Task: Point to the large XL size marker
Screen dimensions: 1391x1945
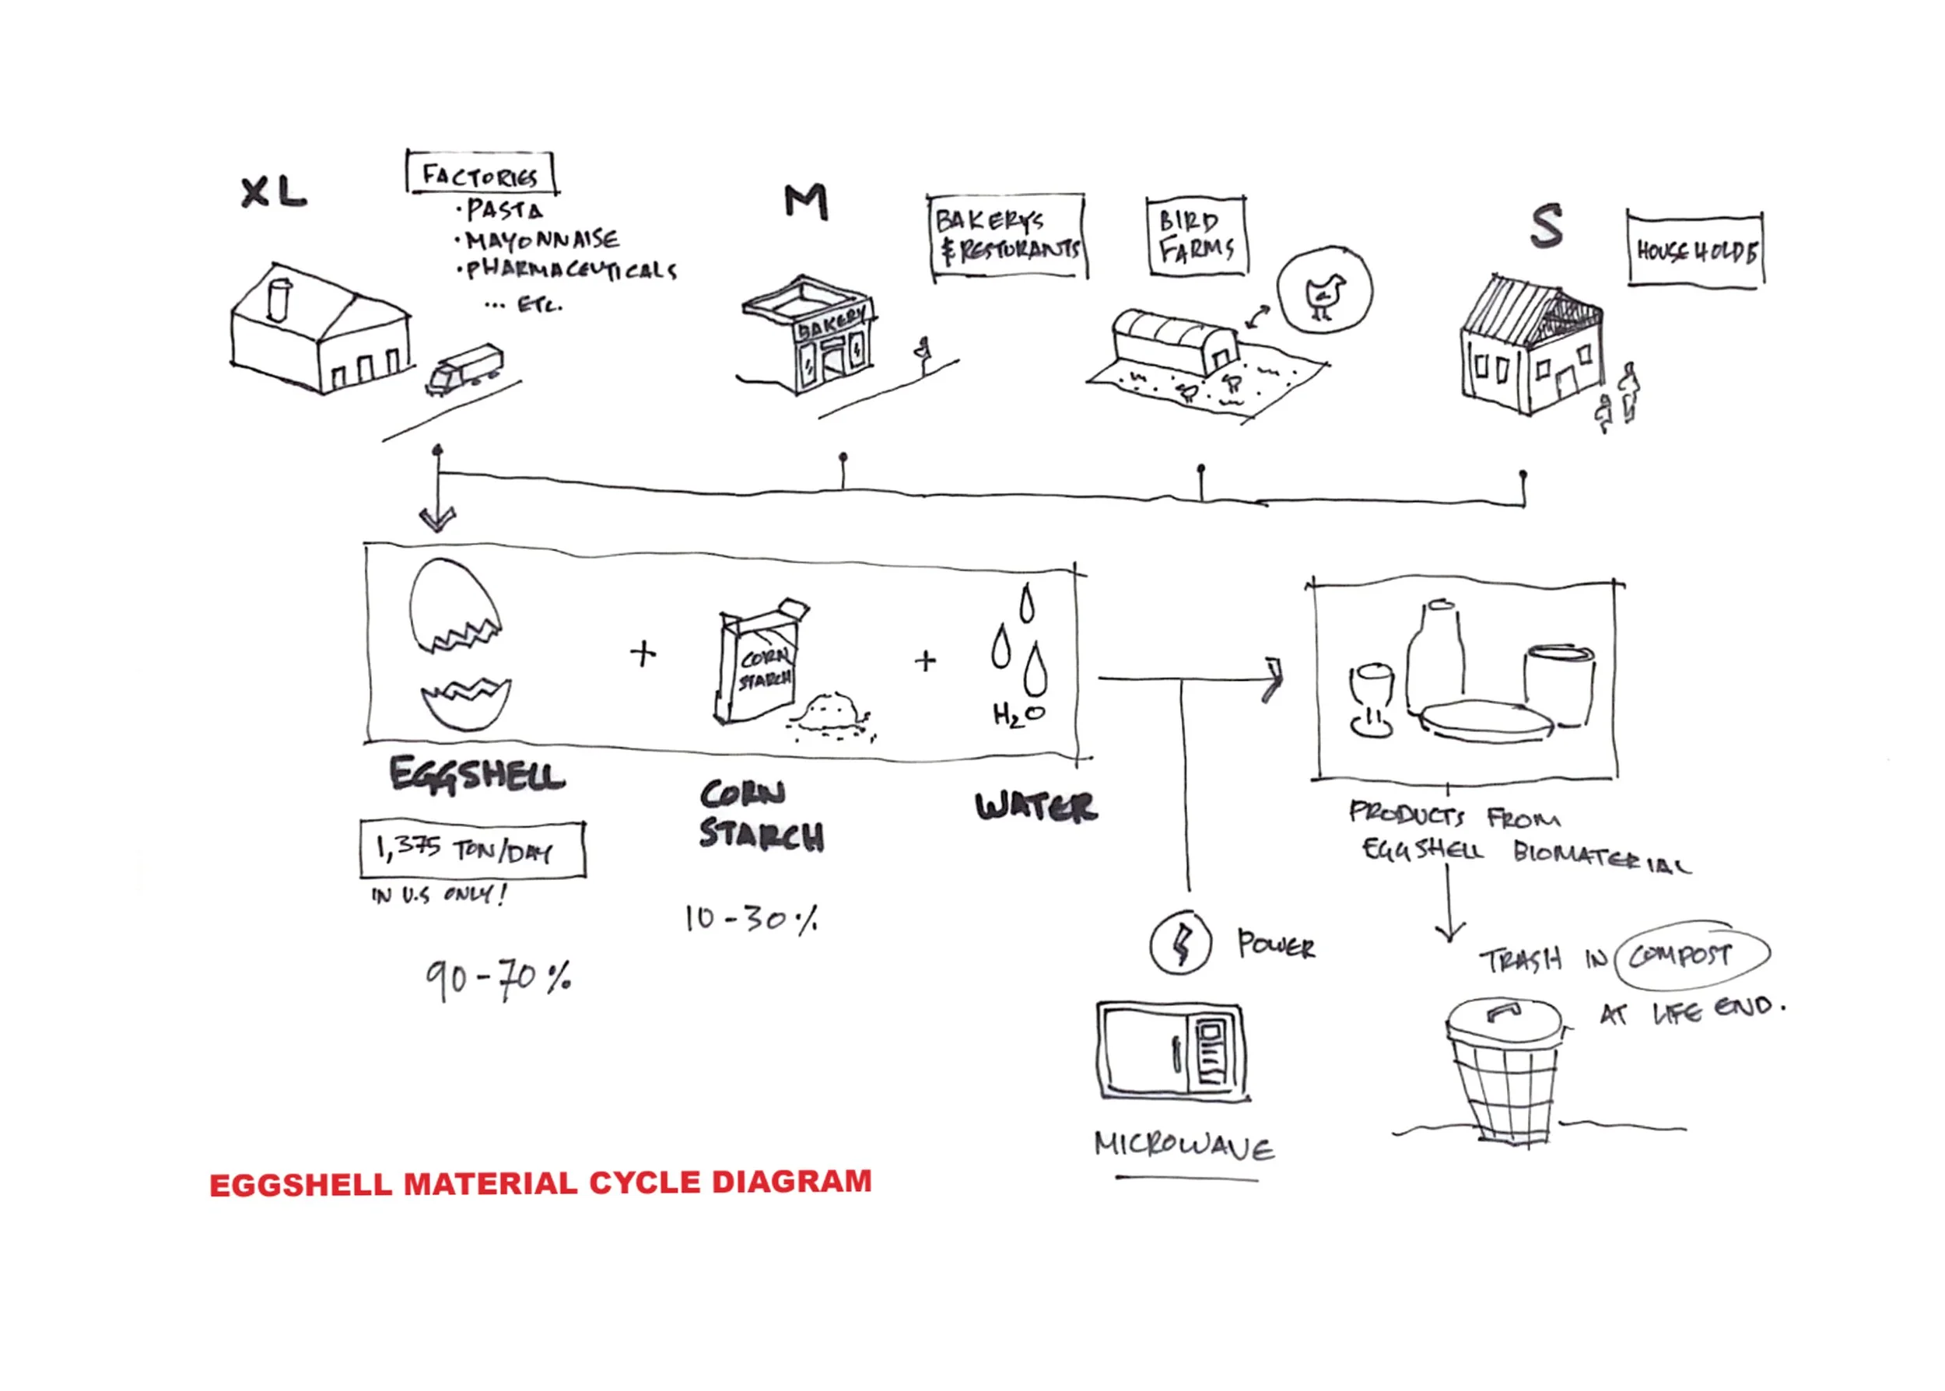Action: tap(272, 192)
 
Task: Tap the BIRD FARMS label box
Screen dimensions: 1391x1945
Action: tap(1196, 237)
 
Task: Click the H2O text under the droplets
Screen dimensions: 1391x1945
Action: tap(1018, 714)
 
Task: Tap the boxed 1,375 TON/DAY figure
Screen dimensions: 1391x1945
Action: tap(472, 850)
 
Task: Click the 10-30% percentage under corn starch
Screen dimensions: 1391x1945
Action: tap(750, 919)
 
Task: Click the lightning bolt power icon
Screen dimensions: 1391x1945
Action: tap(1180, 942)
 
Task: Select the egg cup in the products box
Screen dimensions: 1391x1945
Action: tap(1371, 699)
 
